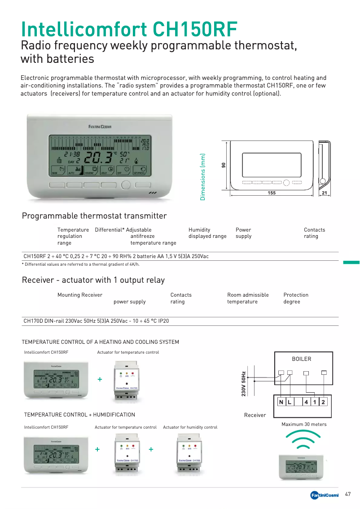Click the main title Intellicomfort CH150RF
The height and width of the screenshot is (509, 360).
129,29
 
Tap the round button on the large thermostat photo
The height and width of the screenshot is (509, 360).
126,184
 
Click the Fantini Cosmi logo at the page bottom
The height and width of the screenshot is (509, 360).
325,495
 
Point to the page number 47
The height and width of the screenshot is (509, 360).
348,494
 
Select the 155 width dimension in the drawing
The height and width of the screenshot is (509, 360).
271,193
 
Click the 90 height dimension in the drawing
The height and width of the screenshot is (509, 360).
224,165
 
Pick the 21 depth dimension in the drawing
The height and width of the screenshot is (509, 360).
325,193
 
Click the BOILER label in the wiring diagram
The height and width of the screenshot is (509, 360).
301,359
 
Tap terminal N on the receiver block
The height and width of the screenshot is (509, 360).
281,402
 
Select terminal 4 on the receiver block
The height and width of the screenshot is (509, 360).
306,402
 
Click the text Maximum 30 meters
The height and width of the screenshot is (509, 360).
304,424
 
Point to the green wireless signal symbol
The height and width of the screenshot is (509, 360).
304,439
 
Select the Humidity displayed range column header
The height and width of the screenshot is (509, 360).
207,233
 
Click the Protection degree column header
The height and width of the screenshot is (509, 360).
296,298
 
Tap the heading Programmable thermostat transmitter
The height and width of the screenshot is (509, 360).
94,216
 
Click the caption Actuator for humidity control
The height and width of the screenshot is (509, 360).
190,427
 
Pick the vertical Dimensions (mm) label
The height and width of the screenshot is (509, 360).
203,177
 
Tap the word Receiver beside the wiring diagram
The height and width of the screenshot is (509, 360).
255,415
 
